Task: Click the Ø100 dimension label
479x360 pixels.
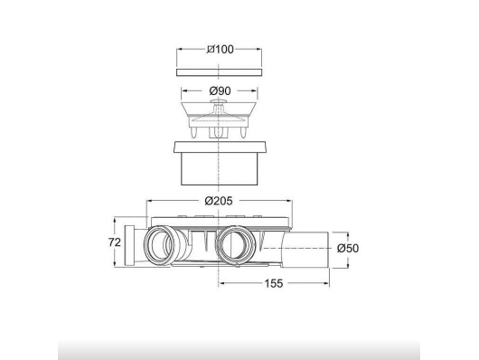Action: [x=220, y=49]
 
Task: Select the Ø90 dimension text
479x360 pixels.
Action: [x=220, y=90]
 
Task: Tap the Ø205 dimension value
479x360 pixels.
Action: [x=219, y=201]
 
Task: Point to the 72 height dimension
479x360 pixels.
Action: [x=115, y=242]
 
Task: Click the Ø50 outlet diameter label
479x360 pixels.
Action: [x=348, y=248]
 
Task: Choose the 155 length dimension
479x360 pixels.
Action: [x=274, y=283]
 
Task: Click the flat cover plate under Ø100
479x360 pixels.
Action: [x=220, y=72]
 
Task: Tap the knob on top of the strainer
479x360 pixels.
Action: [x=220, y=101]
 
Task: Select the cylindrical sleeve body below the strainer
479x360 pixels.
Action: [x=220, y=169]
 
